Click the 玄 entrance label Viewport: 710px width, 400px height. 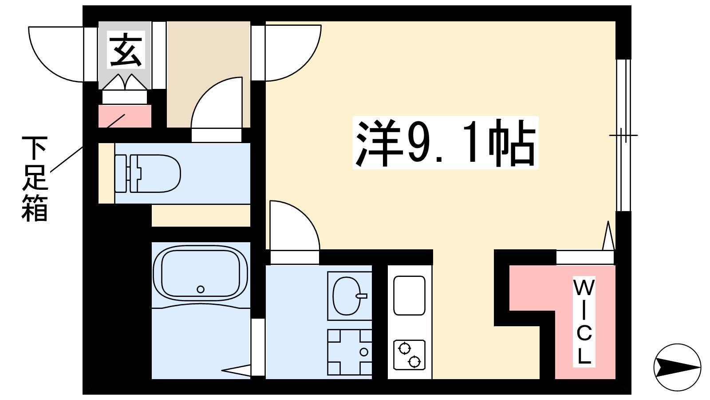(126, 50)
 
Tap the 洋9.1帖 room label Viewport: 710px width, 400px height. (446, 143)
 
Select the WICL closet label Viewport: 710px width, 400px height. (584, 322)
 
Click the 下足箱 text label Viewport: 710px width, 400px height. (35, 179)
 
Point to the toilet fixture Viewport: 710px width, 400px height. (147, 174)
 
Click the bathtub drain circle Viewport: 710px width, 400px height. (200, 289)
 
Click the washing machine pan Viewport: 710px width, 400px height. (349, 352)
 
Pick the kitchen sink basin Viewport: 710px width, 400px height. (409, 295)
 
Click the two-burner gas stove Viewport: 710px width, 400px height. (409, 355)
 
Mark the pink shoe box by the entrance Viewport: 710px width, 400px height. (125, 116)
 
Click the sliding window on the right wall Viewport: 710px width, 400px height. (623, 135)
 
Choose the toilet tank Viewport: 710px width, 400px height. (121, 174)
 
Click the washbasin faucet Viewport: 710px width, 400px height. (362, 296)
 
